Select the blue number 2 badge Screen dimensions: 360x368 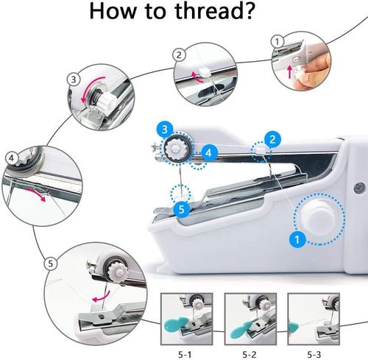point(272,138)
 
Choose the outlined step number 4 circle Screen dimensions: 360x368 point(12,157)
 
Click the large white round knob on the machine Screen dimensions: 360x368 point(317,219)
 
